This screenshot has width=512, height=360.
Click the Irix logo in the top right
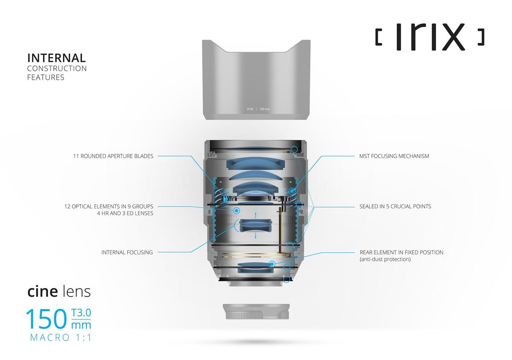[x=430, y=36]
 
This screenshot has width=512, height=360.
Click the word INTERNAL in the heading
[x=57, y=58]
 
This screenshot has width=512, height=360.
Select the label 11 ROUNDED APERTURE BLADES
[x=113, y=156]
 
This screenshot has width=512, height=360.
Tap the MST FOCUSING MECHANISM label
[x=394, y=156]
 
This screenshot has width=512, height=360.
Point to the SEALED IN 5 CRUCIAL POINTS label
[x=395, y=206]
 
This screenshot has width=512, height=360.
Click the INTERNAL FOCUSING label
[x=127, y=253]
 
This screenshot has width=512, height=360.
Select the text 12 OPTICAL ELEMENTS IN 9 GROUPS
[x=109, y=206]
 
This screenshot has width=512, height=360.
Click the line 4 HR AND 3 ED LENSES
[x=125, y=213]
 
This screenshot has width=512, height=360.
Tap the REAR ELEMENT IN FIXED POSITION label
[x=401, y=253]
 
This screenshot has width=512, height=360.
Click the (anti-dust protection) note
[x=385, y=259]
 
